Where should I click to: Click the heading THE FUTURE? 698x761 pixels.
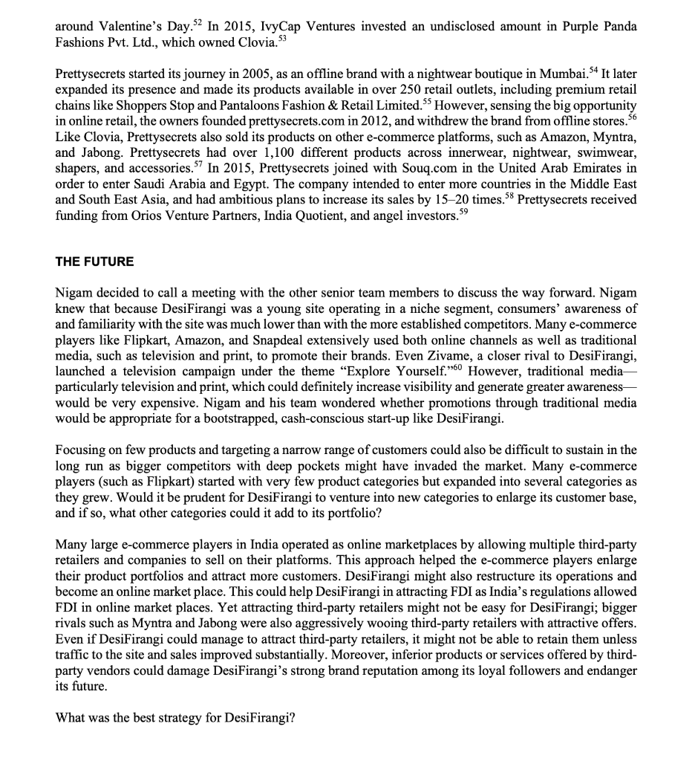[95, 262]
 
